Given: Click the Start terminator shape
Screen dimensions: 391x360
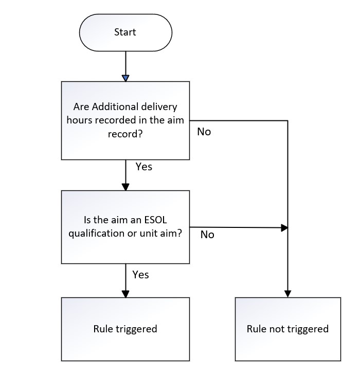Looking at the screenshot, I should coord(125,32).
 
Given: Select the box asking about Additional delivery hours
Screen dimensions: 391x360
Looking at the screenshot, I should coord(125,120).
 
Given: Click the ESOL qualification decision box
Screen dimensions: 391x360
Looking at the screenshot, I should coord(125,227).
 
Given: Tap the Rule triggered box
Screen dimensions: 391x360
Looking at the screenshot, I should coord(125,329).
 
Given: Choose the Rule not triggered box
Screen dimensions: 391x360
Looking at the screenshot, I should coord(287,329).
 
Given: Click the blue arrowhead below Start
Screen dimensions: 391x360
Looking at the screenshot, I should coord(125,78).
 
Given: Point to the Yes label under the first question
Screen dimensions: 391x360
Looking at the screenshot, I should coord(143,167).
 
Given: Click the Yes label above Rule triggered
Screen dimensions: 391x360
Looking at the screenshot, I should coord(140,275).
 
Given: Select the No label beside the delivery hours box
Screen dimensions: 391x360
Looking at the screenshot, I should coord(204,132).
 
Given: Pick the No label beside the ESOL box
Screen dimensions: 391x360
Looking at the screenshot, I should coord(207,235).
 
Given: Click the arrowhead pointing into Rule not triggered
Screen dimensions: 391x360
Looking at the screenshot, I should coord(287,293).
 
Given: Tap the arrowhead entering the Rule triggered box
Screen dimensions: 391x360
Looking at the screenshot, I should coord(125,293).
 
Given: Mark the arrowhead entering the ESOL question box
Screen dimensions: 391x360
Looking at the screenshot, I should coord(125,187).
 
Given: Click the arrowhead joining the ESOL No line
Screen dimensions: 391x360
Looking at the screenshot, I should coord(284,227).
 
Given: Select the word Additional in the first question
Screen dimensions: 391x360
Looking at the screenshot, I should coord(106,107).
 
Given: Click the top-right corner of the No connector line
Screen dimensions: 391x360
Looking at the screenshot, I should coord(287,121).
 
